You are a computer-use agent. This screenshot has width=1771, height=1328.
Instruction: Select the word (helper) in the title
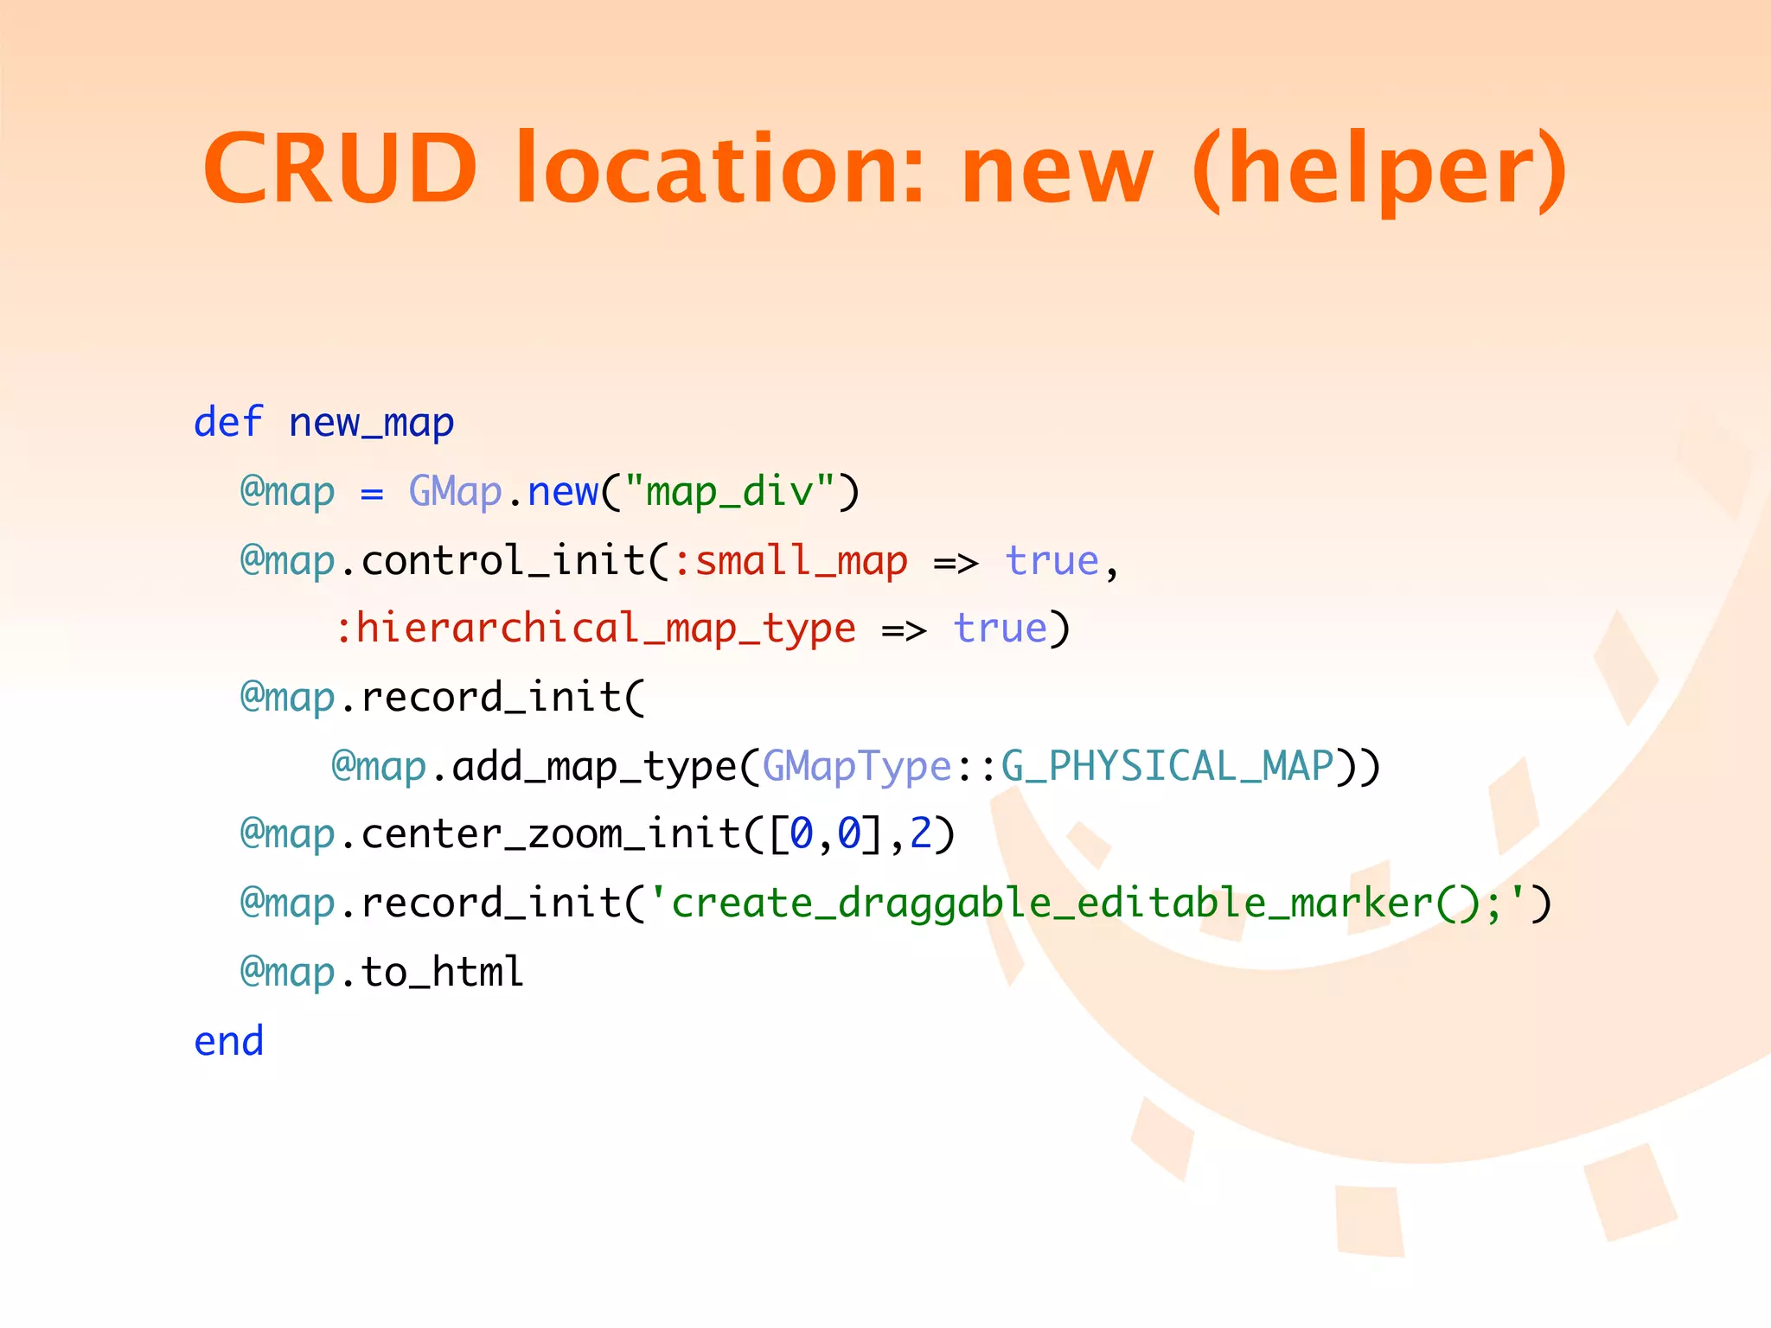pos(1378,169)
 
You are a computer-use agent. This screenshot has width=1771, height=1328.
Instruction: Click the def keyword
pos(228,423)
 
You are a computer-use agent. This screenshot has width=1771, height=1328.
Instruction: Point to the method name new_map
pos(371,423)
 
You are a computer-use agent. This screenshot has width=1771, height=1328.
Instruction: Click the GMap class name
pos(455,491)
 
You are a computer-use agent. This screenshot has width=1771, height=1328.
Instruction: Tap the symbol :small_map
pos(790,560)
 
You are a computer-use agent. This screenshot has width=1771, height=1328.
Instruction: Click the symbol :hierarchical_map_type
pos(596,629)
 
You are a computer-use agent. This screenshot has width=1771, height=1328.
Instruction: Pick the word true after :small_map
pos(1052,560)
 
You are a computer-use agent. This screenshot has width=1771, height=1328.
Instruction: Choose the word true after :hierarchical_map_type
pos(1000,629)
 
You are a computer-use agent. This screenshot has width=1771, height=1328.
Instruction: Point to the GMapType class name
pos(856,766)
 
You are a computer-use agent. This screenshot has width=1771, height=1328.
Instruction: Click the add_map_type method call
pos(594,766)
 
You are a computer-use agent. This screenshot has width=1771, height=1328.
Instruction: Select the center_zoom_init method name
pos(550,834)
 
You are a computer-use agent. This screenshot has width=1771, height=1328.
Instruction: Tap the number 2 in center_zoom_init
pos(921,834)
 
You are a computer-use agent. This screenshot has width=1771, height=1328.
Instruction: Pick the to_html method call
pos(442,972)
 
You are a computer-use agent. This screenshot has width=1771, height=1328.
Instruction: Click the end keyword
pos(228,1041)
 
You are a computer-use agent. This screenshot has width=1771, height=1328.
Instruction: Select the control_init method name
pos(503,560)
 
